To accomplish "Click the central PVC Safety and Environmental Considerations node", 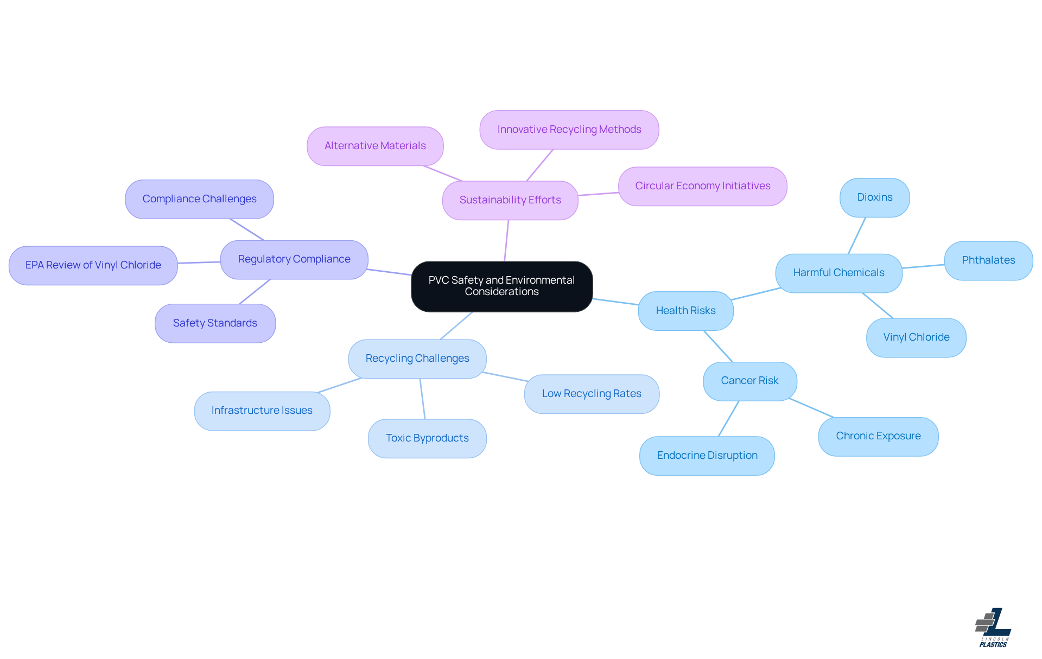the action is click(501, 286).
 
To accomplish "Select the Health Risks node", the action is click(685, 311).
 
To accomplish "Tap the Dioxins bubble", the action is click(874, 197).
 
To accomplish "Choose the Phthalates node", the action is click(988, 260).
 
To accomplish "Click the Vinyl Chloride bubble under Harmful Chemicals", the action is click(916, 337).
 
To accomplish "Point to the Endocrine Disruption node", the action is click(707, 456).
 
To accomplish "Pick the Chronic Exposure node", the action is click(878, 436).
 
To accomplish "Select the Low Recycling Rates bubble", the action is click(591, 394).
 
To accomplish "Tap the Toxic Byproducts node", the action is click(427, 438).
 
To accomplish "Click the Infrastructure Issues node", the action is click(262, 411).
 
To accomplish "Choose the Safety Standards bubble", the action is click(215, 323).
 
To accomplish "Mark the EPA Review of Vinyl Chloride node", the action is click(93, 265).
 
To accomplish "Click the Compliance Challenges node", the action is click(199, 199).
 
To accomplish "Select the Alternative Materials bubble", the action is click(375, 146).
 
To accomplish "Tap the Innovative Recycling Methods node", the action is click(569, 130).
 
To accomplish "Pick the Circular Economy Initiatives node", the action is click(702, 186).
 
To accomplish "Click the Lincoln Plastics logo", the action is click(993, 628).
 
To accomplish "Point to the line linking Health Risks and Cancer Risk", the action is click(718, 346).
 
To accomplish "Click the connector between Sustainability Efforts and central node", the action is click(506, 241).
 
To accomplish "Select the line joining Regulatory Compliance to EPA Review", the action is click(199, 263).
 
